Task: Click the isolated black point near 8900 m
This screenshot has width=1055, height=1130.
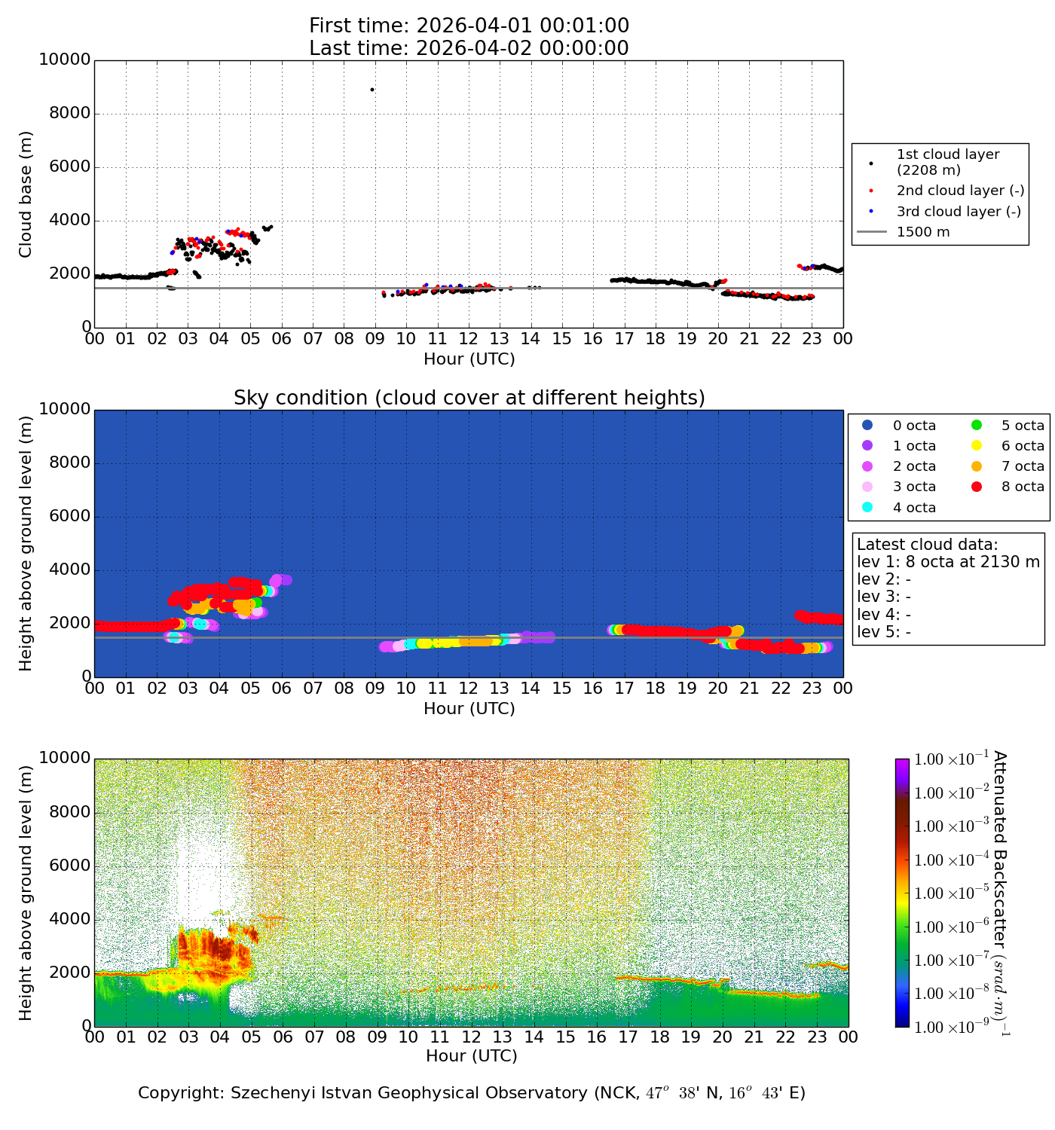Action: click(x=372, y=90)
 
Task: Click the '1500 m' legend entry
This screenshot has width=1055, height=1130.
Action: click(x=923, y=232)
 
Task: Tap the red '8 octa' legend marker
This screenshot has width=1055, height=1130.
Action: click(x=977, y=487)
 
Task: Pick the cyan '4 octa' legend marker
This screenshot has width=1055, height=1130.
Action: click(x=867, y=507)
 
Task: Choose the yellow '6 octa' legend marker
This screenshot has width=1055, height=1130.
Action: click(x=977, y=446)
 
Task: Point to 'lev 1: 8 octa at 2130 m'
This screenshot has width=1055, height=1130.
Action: click(x=948, y=562)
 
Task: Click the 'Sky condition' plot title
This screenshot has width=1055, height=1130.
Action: click(x=469, y=398)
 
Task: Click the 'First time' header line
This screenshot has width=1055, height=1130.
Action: click(x=469, y=26)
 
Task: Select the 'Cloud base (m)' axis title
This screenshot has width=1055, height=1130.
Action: click(x=26, y=194)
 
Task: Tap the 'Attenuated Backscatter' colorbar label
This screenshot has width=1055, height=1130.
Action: click(x=999, y=893)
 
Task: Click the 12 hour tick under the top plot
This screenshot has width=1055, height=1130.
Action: click(x=469, y=339)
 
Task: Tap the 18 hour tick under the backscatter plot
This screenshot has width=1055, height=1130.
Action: click(x=659, y=1037)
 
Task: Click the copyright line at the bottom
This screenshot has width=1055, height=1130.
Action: click(x=472, y=1093)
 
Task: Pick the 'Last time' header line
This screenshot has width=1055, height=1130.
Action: click(x=469, y=48)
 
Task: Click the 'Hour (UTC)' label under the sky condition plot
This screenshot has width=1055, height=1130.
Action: click(x=469, y=709)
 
